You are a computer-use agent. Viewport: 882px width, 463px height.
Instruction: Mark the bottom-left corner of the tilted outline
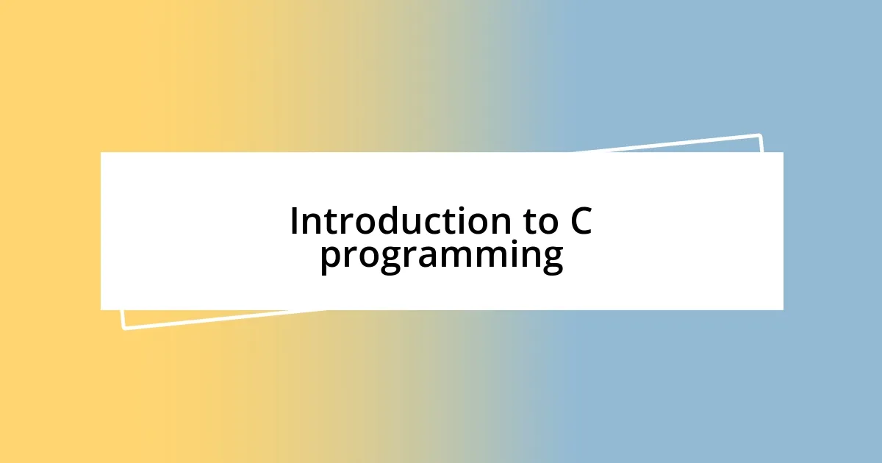[x=123, y=328]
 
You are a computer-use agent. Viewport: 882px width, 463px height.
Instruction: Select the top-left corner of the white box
[x=101, y=153]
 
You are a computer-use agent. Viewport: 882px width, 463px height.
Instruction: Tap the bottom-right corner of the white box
[x=783, y=309]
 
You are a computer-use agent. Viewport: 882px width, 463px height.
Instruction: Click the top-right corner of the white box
[x=783, y=153]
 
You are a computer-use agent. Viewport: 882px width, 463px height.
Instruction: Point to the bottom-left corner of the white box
[x=101, y=309]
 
